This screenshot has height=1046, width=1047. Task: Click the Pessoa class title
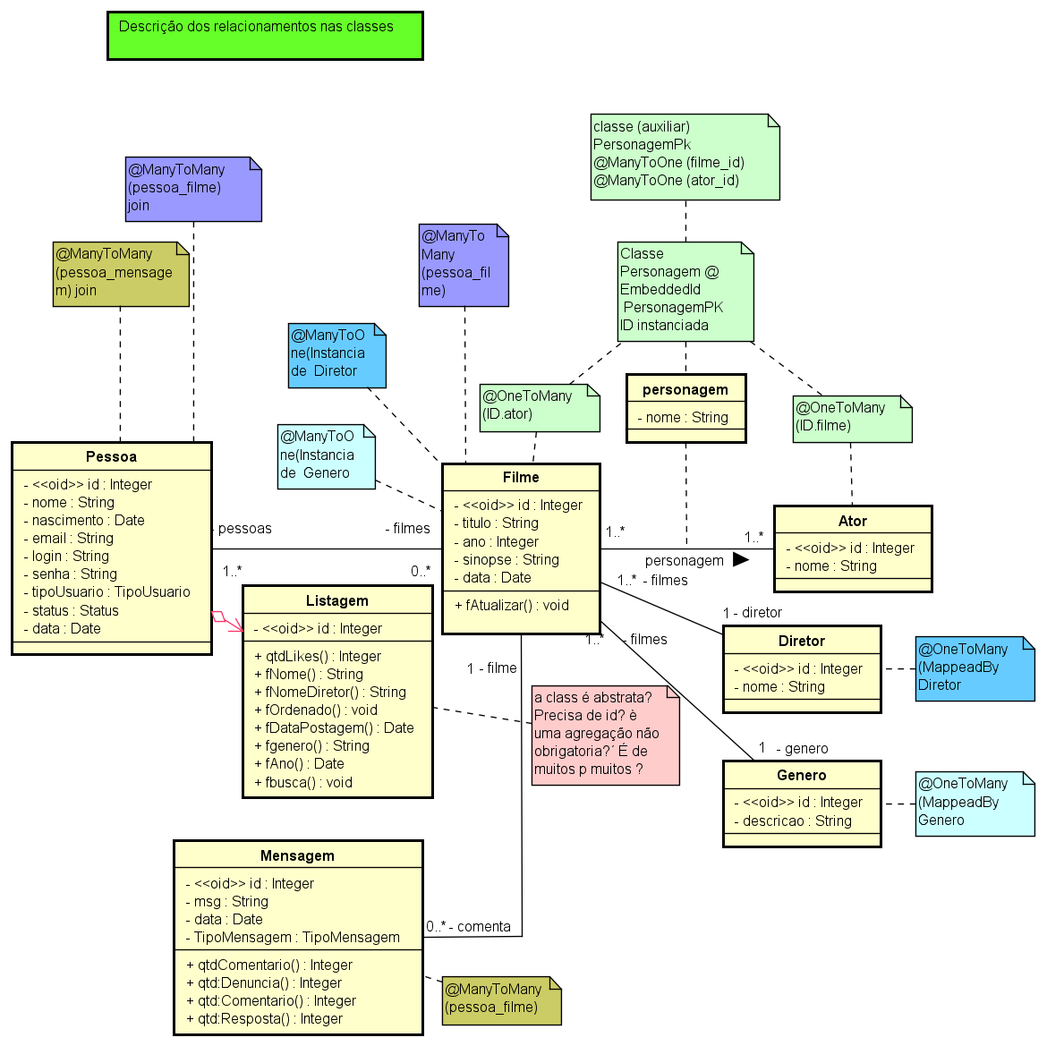tap(111, 456)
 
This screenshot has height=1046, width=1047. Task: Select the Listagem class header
tap(336, 600)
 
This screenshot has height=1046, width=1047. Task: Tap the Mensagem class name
tap(297, 855)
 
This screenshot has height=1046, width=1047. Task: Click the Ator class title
tap(852, 521)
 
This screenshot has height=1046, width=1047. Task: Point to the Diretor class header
tap(801, 641)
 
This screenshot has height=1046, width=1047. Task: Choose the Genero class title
tap(801, 775)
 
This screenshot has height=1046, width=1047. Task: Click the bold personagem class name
tap(685, 389)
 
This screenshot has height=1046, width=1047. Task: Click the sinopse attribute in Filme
tap(506, 559)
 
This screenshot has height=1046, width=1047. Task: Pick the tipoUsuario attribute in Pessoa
tap(106, 591)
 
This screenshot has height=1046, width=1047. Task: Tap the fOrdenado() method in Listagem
tap(316, 710)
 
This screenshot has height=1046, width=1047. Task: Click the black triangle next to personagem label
tap(740, 559)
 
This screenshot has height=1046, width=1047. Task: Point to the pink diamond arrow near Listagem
tap(220, 617)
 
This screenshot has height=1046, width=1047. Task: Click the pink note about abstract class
tap(605, 736)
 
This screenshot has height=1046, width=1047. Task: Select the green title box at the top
tap(265, 36)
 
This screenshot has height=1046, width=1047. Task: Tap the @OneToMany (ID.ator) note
tap(539, 407)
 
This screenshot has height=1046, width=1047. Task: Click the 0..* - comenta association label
tap(468, 926)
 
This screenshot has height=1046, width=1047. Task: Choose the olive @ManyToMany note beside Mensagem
tap(501, 999)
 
